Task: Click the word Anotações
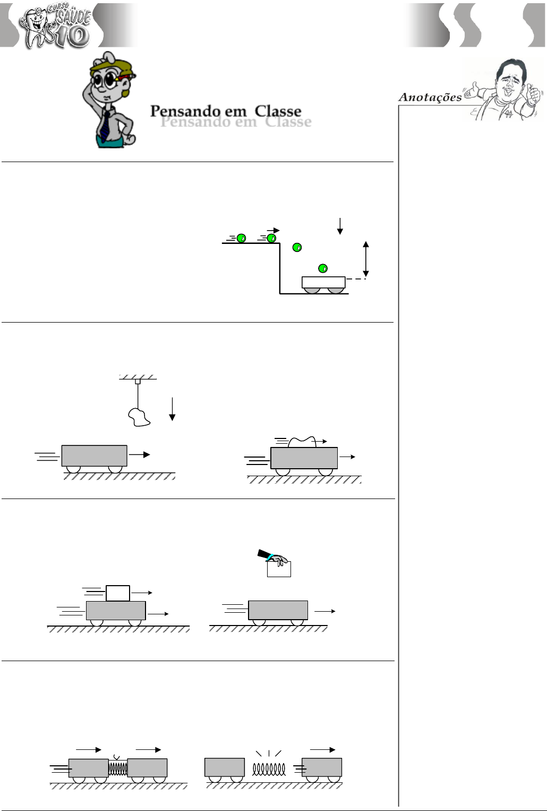[430, 97]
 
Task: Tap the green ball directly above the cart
[323, 268]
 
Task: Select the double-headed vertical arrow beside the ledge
[366, 259]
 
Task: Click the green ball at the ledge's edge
[271, 238]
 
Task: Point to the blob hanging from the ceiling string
[139, 417]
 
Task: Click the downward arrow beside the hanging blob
[172, 409]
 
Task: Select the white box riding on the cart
[117, 593]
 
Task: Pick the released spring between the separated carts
[269, 769]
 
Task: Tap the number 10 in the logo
[72, 36]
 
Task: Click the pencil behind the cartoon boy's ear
[126, 77]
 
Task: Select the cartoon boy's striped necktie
[105, 126]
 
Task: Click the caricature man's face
[508, 83]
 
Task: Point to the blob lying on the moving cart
[302, 442]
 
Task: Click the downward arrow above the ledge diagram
[340, 226]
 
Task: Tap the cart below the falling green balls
[323, 285]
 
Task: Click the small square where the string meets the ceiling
[138, 381]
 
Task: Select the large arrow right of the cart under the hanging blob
[140, 455]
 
